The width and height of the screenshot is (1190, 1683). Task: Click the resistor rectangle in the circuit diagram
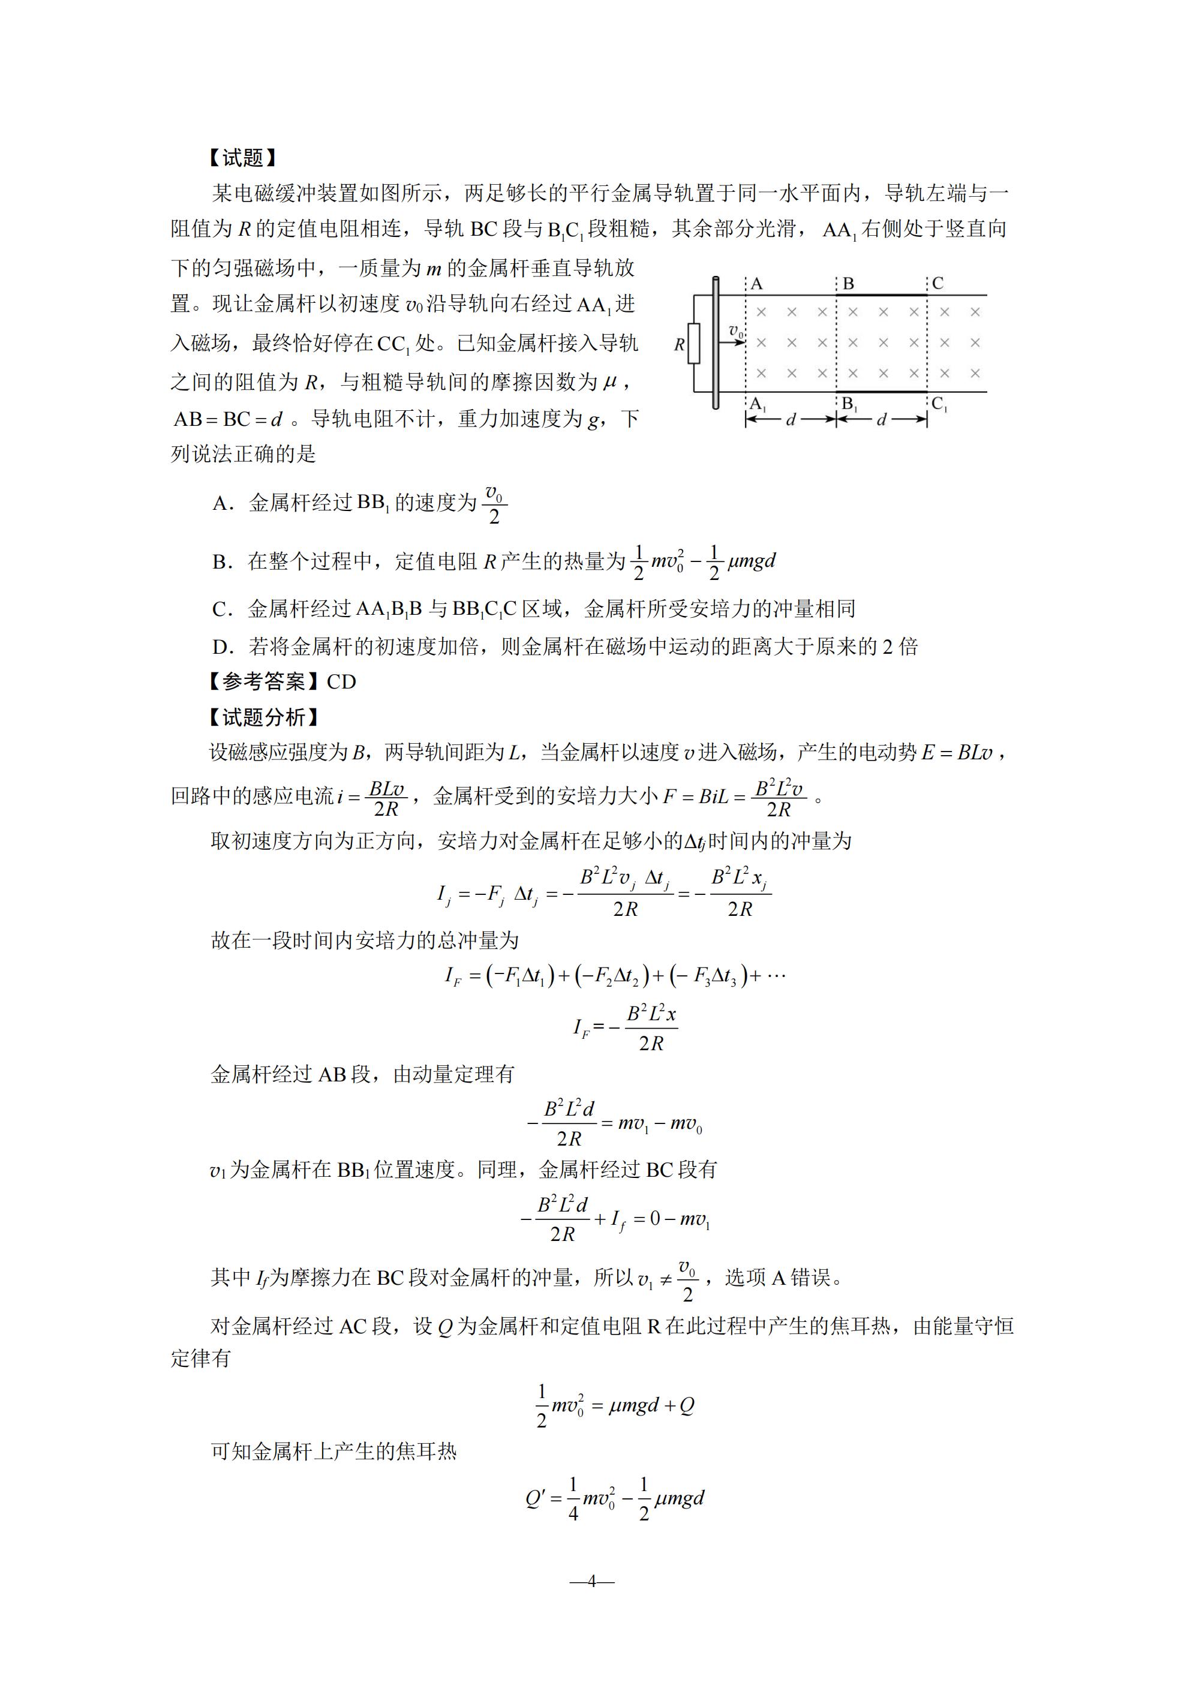click(693, 343)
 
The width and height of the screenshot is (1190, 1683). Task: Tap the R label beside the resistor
click(679, 344)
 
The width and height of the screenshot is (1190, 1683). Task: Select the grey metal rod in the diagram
click(716, 342)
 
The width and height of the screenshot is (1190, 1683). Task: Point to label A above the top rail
click(758, 284)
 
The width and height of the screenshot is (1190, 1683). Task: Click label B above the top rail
click(848, 284)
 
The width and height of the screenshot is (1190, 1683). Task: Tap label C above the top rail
click(937, 283)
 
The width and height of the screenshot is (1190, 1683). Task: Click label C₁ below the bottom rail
click(939, 404)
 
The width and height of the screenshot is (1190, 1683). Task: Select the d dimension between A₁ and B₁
click(791, 420)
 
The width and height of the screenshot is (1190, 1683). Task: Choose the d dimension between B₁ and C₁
click(881, 420)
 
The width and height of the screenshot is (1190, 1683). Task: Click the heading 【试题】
click(242, 158)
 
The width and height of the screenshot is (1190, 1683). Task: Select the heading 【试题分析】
click(263, 717)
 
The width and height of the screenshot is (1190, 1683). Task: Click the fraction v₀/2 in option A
click(494, 504)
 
